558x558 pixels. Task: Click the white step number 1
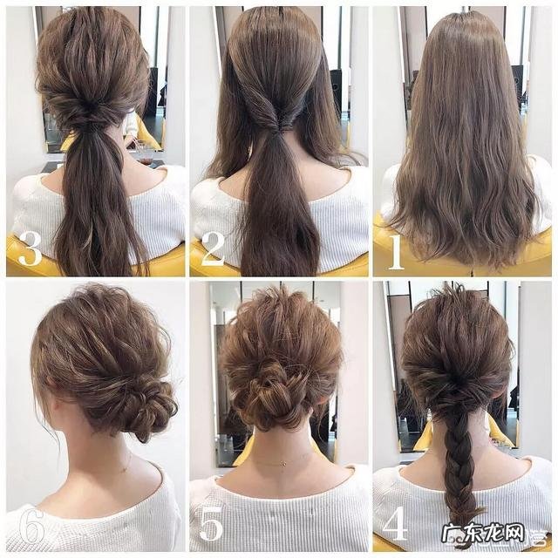[395, 252]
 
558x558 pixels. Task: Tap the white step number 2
[212, 249]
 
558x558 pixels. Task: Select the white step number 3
[30, 250]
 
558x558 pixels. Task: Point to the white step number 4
[395, 523]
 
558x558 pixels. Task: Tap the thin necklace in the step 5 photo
[279, 462]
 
